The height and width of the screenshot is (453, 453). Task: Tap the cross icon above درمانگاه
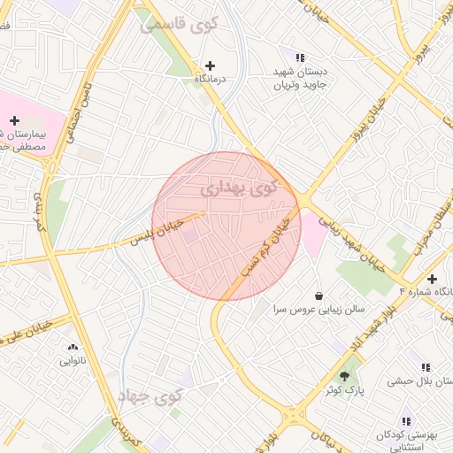210,65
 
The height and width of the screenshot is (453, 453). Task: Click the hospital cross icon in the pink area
14,120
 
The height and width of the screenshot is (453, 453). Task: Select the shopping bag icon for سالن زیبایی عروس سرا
319,296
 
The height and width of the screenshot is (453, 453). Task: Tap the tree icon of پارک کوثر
344,375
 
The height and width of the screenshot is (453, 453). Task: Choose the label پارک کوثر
344,389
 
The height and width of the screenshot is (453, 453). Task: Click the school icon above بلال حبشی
426,367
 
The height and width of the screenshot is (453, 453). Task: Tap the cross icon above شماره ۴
432,279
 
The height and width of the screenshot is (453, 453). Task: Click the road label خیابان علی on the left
27,331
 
